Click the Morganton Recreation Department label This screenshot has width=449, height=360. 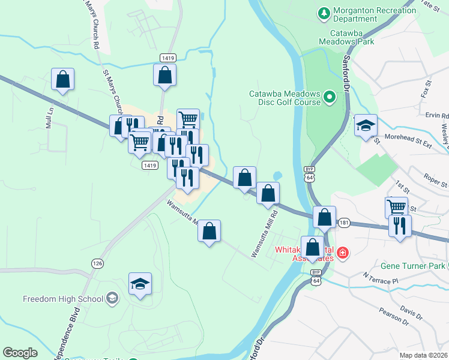click(375, 15)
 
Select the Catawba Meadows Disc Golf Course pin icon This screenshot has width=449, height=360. click(329, 96)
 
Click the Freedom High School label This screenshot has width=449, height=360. click(62, 299)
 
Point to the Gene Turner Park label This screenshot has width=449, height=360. click(412, 266)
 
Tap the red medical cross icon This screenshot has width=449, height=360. click(342, 254)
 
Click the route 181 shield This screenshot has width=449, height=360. click(344, 223)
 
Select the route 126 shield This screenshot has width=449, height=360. click(97, 263)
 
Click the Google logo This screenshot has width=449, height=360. click(20, 352)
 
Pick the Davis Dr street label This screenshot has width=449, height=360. click(411, 312)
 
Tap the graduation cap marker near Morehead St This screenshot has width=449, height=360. click(366, 126)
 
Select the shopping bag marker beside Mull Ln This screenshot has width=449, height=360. click(62, 79)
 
